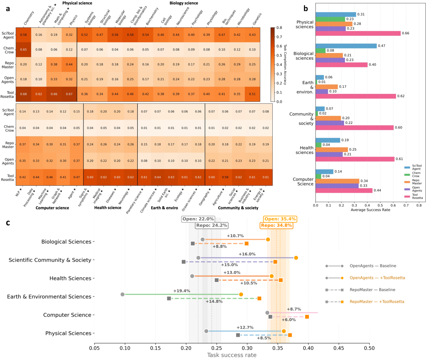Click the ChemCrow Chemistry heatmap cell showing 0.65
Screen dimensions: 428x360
[23, 49]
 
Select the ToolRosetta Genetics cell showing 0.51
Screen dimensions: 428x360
[252, 94]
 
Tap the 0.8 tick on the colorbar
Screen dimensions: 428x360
[279, 28]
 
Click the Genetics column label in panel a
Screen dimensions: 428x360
[257, 19]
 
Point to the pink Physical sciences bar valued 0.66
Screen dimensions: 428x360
[358, 33]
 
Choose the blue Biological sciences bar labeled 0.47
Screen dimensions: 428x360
[346, 46]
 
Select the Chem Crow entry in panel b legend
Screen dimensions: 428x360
[416, 174]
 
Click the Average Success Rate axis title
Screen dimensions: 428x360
[370, 210]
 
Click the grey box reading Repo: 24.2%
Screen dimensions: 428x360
[212, 225]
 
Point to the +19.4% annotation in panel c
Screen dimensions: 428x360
[181, 291]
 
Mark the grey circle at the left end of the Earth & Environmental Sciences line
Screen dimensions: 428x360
[122, 295]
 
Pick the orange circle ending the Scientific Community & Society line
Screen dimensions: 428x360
[296, 258]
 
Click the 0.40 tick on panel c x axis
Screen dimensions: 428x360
[308, 348]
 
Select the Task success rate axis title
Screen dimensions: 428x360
[232, 355]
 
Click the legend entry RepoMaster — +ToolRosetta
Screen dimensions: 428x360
[377, 302]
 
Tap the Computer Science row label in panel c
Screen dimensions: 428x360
[67, 315]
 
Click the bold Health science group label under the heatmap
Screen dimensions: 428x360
[107, 208]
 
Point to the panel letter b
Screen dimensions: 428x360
[306, 9]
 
